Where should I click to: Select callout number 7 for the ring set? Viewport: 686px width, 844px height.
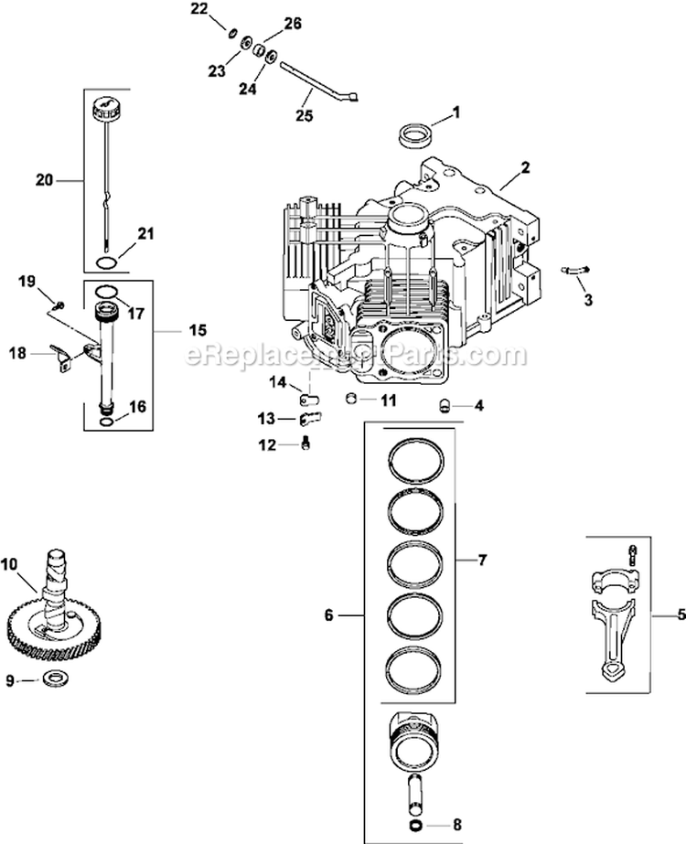click(482, 559)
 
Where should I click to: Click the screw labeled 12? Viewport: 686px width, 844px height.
click(306, 443)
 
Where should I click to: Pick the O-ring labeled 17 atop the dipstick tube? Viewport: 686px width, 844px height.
click(106, 292)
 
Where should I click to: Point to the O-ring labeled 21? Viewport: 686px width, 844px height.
click(106, 263)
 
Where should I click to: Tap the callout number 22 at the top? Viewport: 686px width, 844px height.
click(199, 9)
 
